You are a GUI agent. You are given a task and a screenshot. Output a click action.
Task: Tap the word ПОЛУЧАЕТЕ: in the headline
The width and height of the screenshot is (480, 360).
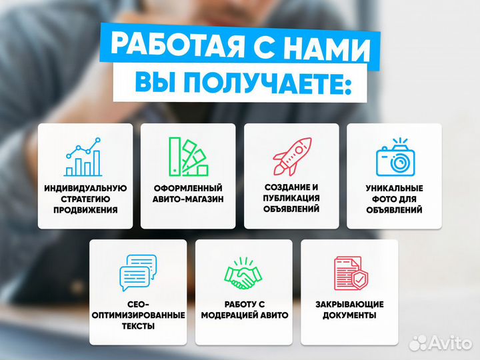click(x=267, y=83)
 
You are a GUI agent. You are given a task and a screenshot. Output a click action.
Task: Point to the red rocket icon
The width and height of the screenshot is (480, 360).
click(x=291, y=157)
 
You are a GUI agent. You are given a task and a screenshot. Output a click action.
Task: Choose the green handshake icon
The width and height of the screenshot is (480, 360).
click(x=244, y=273)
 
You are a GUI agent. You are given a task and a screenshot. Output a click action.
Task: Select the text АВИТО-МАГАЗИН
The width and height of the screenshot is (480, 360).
click(x=187, y=199)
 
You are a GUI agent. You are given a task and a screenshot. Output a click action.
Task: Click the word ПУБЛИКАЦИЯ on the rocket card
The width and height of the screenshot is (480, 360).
click(x=291, y=198)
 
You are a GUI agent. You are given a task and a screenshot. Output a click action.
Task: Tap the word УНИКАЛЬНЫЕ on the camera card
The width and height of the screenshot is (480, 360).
click(x=394, y=189)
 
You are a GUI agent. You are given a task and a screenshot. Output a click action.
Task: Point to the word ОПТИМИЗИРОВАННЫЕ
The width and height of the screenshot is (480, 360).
click(x=139, y=315)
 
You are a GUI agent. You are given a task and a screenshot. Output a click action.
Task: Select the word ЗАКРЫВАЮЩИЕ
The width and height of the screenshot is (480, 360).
click(x=349, y=305)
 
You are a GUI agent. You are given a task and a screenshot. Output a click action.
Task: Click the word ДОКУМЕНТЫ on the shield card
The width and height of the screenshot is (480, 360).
click(x=349, y=315)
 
